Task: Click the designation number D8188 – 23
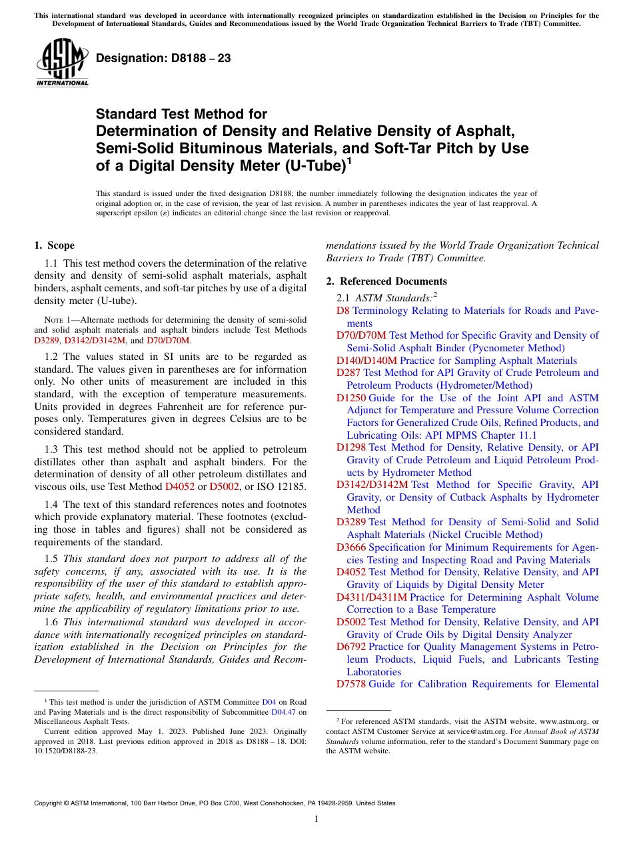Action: [163, 58]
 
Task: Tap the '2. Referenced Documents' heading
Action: [386, 281]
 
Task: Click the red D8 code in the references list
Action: [342, 311]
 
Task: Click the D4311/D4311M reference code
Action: [372, 597]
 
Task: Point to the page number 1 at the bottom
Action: [316, 819]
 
